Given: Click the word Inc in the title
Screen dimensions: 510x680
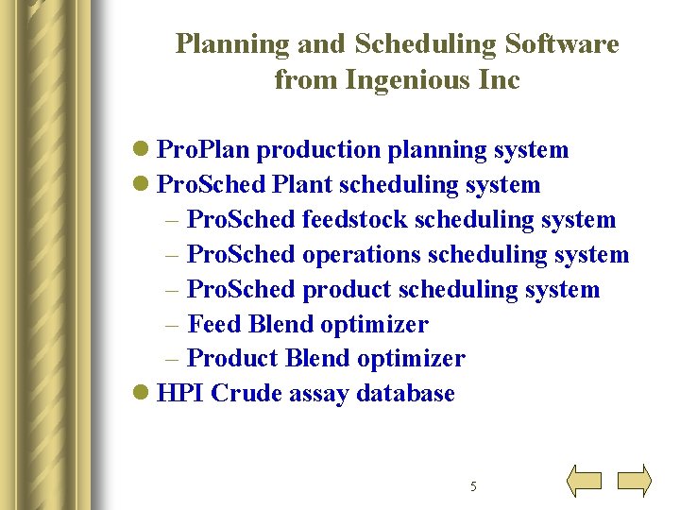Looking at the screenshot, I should tap(501, 80).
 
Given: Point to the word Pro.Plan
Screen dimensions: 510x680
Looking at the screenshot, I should tap(203, 150).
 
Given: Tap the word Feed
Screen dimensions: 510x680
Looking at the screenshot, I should tap(214, 324).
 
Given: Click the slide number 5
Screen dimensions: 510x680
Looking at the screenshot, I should tap(473, 486).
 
